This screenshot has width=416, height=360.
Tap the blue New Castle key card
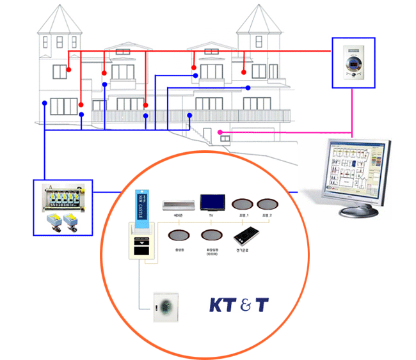coord(141,206)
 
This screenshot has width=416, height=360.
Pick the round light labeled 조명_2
coord(268,205)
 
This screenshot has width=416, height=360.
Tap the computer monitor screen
coord(351,168)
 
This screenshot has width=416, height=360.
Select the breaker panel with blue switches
coord(63,196)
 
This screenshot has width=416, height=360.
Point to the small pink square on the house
coord(223,137)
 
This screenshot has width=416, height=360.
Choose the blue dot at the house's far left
coord(44,103)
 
